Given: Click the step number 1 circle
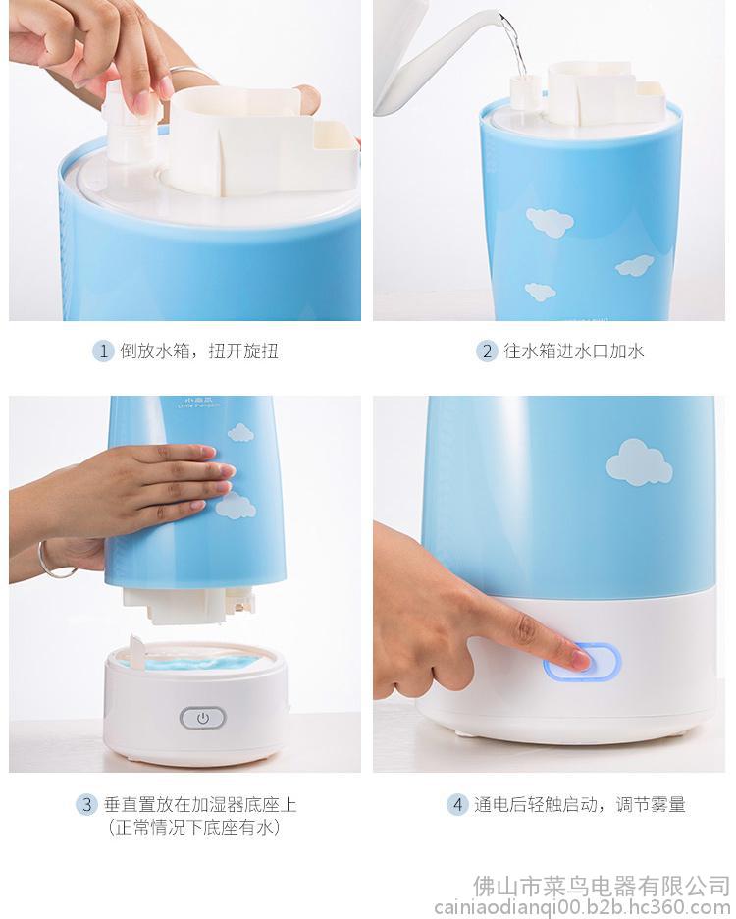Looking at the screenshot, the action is (103, 351).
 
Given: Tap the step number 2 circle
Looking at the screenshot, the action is (487, 351).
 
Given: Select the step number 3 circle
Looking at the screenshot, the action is (86, 804).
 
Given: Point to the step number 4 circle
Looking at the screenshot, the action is (457, 804).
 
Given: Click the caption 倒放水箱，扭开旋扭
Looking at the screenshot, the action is (199, 351).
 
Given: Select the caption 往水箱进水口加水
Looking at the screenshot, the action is (574, 351).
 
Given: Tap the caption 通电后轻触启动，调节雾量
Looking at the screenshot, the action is (580, 804).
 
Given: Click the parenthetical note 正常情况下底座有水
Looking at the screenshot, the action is (194, 827).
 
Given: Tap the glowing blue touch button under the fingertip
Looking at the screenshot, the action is (582, 661).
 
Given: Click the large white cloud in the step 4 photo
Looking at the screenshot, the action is (639, 462).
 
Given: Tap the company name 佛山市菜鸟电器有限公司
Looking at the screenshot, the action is (602, 887).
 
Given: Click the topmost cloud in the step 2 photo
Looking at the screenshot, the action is (550, 222).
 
